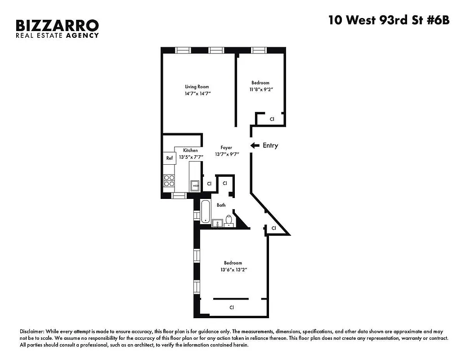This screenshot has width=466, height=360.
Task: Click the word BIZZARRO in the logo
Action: [x=57, y=25]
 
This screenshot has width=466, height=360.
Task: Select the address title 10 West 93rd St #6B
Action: [x=389, y=21]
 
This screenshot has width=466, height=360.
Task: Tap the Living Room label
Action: [x=197, y=87]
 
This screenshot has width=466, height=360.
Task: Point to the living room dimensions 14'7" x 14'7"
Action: [x=197, y=94]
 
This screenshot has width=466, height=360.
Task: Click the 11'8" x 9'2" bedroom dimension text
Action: [x=260, y=90]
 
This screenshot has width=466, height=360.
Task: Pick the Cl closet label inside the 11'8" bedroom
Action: [x=272, y=119]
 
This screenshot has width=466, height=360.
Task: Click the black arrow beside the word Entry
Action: [x=255, y=145]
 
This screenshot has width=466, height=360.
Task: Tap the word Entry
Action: [x=270, y=145]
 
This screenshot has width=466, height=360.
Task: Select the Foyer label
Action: [x=226, y=148]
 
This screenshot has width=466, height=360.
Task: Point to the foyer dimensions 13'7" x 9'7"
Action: [x=227, y=154]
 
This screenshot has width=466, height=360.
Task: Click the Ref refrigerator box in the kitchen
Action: [x=169, y=158]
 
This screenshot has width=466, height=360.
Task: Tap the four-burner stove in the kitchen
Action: [x=169, y=180]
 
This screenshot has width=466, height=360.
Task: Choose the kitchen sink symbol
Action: [x=195, y=184]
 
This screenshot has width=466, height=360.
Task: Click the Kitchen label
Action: [x=190, y=151]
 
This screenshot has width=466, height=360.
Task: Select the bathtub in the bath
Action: [x=206, y=211]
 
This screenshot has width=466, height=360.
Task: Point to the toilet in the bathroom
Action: [x=229, y=221]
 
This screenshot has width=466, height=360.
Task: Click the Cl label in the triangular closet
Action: [x=273, y=229]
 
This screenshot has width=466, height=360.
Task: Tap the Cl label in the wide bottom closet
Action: [x=232, y=308]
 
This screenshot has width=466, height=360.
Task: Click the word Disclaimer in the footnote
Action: [x=32, y=331]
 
